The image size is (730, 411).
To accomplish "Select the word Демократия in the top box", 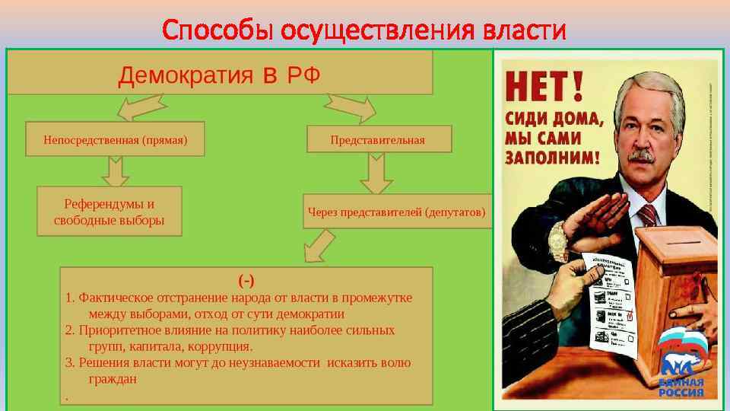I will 186,75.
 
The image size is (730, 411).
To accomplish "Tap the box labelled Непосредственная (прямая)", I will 116,139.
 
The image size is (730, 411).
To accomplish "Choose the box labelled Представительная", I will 378,139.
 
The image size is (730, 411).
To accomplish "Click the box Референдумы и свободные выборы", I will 109,212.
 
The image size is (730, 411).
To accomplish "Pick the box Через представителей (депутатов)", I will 395,211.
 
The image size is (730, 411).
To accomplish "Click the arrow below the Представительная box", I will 376,173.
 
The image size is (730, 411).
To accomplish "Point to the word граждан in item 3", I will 113,378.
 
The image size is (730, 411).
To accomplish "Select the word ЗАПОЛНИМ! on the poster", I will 553,157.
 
